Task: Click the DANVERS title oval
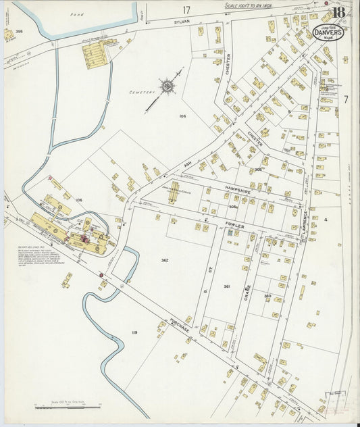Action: pos(328,31)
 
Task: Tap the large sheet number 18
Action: pos(338,13)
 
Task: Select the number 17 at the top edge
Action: pos(186,9)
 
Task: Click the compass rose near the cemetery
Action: pos(167,86)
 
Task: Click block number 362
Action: pos(165,260)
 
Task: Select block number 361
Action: pos(227,286)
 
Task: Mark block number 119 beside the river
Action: pos(134,332)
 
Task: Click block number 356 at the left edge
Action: pos(20,31)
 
